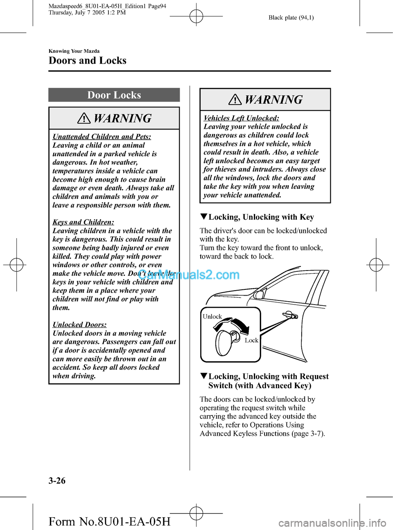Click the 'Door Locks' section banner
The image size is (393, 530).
pos(114,95)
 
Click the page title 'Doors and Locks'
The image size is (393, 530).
pos(87,61)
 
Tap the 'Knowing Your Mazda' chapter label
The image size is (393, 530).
pos(74,51)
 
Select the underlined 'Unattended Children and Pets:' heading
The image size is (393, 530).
pos(102,136)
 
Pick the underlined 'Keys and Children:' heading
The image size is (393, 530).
pos(83,222)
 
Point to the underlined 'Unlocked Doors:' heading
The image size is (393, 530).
pos(79,325)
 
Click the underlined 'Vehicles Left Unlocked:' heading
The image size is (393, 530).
pos(241,118)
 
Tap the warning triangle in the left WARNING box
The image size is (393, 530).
pos(84,118)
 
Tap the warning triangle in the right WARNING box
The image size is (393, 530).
pos(235,100)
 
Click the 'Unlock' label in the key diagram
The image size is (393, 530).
pos(212,316)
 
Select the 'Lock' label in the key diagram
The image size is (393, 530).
pos(251,340)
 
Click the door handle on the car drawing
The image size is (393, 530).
pos(290,315)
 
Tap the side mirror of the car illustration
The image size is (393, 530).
pos(259,294)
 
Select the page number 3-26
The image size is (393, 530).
pos(57,480)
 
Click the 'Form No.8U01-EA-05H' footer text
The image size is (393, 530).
pos(109,521)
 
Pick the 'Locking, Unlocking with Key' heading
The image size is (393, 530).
pos(261,217)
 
